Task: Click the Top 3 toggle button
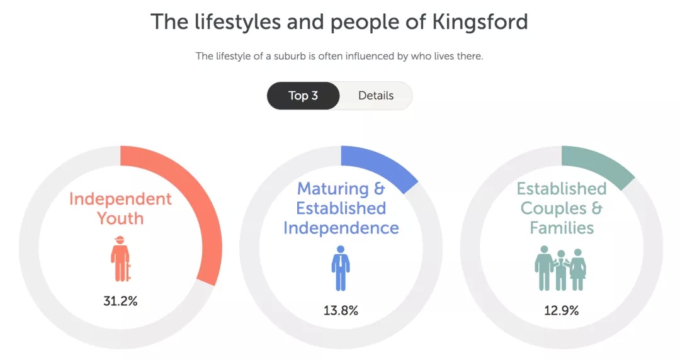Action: [x=303, y=96]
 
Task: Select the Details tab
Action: [x=376, y=96]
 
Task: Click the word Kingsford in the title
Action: [x=480, y=21]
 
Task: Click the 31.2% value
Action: [x=120, y=301]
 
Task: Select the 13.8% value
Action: [x=341, y=310]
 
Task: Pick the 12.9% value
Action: [x=562, y=310]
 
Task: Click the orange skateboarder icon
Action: [x=120, y=259]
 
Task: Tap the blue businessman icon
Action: [x=341, y=268]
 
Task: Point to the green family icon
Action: [x=561, y=268]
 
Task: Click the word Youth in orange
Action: [x=120, y=218]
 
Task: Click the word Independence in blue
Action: [x=341, y=228]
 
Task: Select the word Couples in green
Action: [x=553, y=208]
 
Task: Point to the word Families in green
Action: [x=562, y=228]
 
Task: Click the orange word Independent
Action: [x=120, y=199]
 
